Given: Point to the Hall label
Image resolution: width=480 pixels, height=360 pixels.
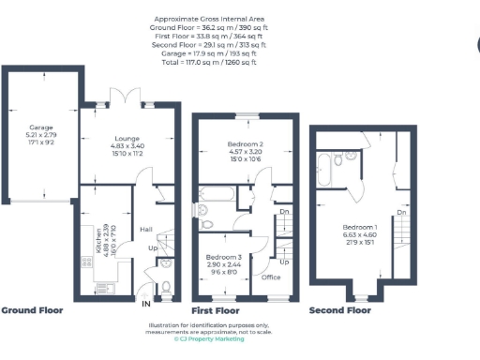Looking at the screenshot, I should point(146,230).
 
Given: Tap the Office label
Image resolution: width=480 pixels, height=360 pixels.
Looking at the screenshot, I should point(272,277).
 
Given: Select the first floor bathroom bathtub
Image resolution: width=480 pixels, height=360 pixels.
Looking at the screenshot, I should point(215,195).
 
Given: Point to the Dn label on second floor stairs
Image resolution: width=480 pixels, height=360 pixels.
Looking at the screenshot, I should point(401,213).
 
